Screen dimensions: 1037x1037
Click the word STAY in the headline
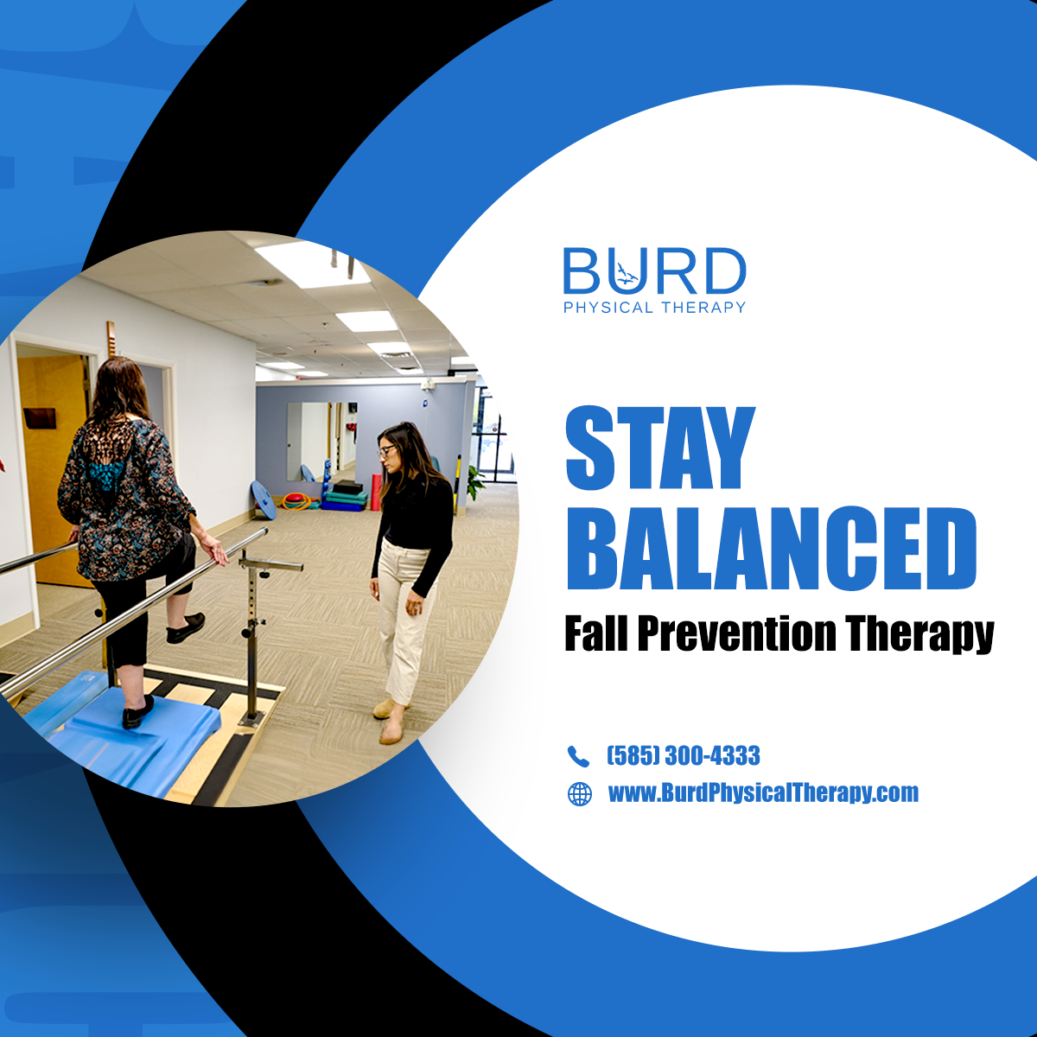pos(660,449)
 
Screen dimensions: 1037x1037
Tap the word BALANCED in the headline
pos(771,549)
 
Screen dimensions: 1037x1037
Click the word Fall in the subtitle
pos(596,634)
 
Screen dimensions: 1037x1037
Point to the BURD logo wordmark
pos(654,271)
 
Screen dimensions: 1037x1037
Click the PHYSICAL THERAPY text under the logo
pos(654,308)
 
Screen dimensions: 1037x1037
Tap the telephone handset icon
pos(578,756)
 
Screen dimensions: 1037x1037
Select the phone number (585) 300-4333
pos(684,756)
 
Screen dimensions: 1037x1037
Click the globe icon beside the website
pos(579,793)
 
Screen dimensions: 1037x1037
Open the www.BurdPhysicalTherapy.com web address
pos(763,793)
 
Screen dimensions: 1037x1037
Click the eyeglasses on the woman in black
pos(386,450)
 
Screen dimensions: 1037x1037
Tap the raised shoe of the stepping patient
pos(186,628)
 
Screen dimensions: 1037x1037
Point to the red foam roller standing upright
pos(376,493)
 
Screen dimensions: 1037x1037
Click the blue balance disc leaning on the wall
pos(263,500)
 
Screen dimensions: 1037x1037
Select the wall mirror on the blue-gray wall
pos(309,440)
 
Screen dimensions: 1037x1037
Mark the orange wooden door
pos(54,467)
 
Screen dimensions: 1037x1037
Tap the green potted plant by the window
pos(474,482)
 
